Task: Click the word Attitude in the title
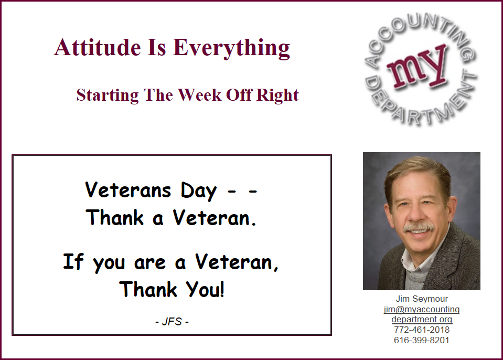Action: [98, 47]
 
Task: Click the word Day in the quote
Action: [199, 191]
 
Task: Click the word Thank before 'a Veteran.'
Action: [114, 217]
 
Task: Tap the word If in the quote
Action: [73, 261]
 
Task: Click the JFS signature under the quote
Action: [172, 322]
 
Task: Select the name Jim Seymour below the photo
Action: [422, 299]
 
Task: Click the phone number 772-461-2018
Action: [422, 330]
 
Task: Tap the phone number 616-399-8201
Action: [422, 340]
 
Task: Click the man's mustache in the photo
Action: [419, 227]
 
